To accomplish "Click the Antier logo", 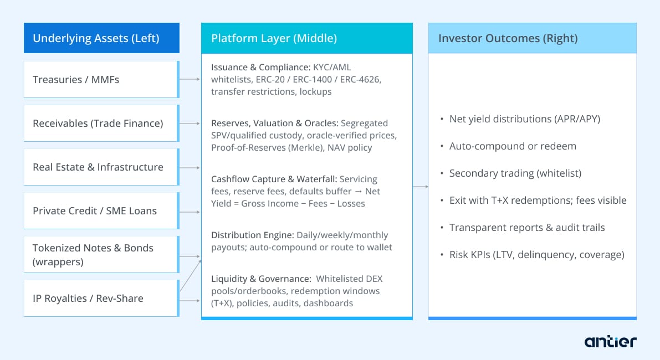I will tap(610, 341).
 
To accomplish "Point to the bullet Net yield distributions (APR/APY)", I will tap(524, 119).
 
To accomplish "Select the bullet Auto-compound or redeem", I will tap(512, 146).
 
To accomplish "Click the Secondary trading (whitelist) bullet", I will tap(515, 173).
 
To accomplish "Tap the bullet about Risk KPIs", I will tap(536, 255).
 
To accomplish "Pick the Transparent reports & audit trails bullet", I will tap(526, 228).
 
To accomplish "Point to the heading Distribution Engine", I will tap(252, 235).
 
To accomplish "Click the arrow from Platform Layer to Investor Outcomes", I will tap(420, 187).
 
